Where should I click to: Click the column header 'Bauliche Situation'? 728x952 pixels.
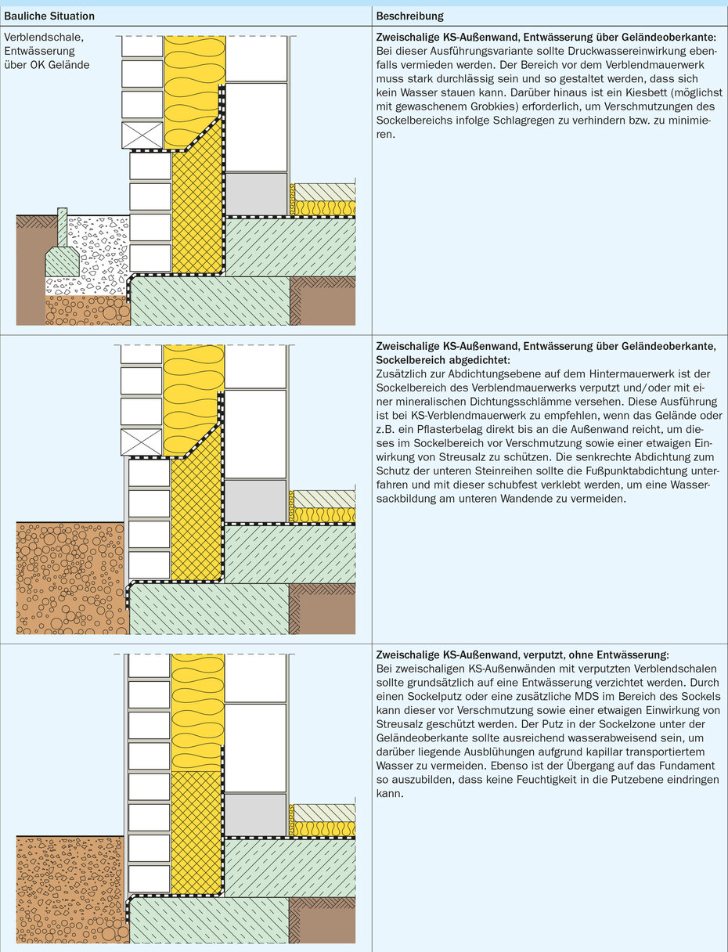[x=49, y=16]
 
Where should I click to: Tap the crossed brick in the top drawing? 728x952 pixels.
[x=142, y=135]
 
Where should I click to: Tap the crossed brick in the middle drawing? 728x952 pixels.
[x=142, y=442]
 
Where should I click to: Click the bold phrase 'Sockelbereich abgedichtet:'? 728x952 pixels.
[x=443, y=359]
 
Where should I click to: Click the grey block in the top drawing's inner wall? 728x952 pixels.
[x=255, y=193]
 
